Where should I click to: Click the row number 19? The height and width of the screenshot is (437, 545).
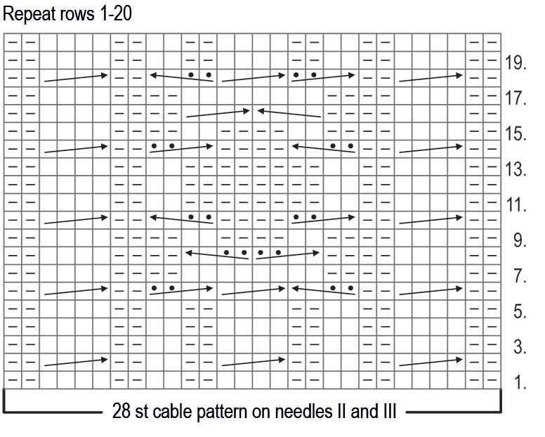tap(516, 63)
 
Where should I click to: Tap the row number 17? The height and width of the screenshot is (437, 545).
tap(516, 98)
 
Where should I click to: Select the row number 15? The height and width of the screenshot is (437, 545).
tap(516, 134)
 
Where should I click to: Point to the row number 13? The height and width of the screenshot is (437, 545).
tap(516, 169)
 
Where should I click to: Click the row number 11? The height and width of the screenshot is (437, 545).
tap(516, 204)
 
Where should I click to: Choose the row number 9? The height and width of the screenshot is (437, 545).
tap(520, 240)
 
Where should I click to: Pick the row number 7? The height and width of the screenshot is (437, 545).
tap(520, 275)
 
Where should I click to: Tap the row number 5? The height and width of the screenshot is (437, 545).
tap(520, 311)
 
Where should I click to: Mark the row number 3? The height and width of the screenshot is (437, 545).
tap(520, 346)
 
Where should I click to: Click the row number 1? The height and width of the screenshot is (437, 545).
tap(520, 382)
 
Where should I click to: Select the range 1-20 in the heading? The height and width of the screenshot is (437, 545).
tap(116, 14)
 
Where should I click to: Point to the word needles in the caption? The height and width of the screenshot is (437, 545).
tap(303, 411)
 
